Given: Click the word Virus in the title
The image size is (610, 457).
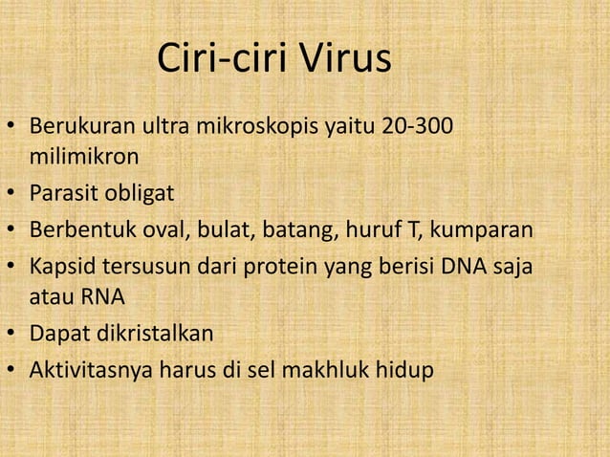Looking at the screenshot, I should coord(347,60).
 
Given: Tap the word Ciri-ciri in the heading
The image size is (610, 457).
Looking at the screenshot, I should coord(226,60).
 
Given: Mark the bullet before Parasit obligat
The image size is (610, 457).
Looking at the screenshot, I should coord(11,195).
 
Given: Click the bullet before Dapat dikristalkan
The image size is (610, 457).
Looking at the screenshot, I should coord(11,335).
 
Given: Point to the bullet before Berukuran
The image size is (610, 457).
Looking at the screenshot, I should coord(11,127).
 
